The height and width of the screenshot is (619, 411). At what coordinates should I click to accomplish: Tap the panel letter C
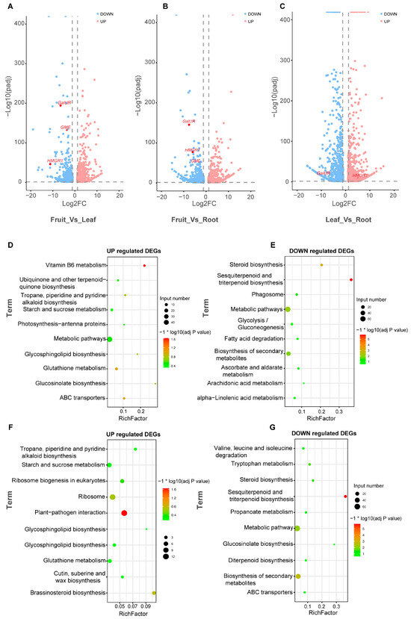click(281, 6)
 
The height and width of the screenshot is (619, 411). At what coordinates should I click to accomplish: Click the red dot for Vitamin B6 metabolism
click(144, 265)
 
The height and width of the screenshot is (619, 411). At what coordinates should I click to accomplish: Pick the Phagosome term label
click(264, 295)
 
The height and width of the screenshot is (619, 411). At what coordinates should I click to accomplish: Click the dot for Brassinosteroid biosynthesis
click(154, 594)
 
